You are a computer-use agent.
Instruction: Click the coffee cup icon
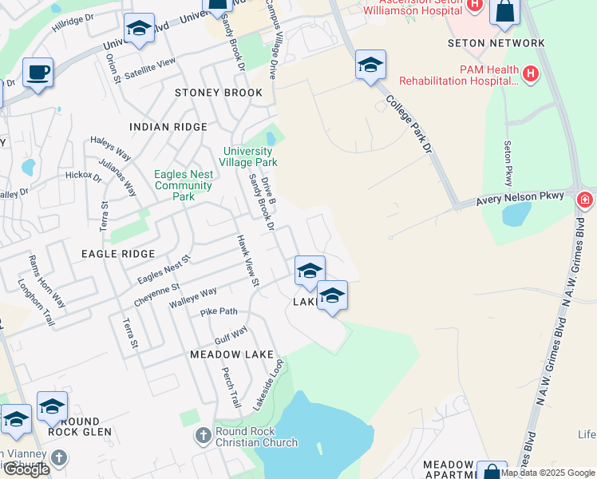[38, 73]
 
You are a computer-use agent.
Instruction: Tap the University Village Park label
[250, 156]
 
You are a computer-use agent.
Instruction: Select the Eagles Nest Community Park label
[184, 185]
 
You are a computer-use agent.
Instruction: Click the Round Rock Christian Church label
[255, 437]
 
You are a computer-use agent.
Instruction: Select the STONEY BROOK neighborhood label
[219, 93]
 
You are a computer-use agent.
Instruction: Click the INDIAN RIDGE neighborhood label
[168, 127]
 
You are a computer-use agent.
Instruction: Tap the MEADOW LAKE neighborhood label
[231, 354]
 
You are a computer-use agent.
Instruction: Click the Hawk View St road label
[246, 260]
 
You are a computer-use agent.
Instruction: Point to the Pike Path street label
[219, 311]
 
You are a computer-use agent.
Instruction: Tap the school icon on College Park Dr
[370, 65]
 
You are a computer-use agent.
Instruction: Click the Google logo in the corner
[26, 469]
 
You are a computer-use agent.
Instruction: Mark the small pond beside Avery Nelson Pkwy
[516, 213]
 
